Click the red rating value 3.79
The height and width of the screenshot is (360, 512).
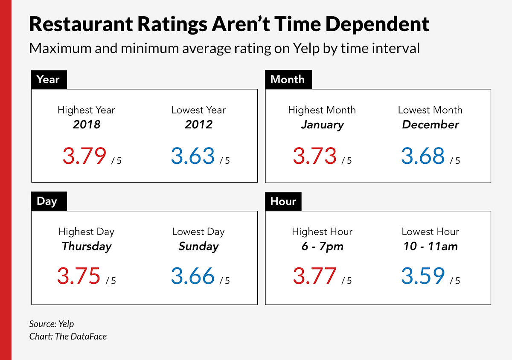84,156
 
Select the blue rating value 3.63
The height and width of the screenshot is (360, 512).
193,156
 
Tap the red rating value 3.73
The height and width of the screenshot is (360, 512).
314,156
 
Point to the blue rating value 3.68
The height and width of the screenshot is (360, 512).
423,156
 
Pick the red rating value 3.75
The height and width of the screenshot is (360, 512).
79,276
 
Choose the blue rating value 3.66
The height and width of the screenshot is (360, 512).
193,276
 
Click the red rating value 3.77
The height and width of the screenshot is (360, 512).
314,276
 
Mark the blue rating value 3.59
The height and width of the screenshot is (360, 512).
423,276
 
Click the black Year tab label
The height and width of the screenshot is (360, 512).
48,80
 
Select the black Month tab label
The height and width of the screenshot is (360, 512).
288,80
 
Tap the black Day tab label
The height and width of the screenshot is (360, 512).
47,201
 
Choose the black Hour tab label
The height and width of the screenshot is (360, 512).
283,201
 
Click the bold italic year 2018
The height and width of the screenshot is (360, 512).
86,125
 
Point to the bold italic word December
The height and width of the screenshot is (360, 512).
430,125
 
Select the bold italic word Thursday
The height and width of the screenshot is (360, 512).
86,246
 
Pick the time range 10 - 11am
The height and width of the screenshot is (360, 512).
430,246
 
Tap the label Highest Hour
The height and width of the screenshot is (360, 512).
322,232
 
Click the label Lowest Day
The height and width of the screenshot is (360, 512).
198,232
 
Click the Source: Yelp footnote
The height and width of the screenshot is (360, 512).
52,324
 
